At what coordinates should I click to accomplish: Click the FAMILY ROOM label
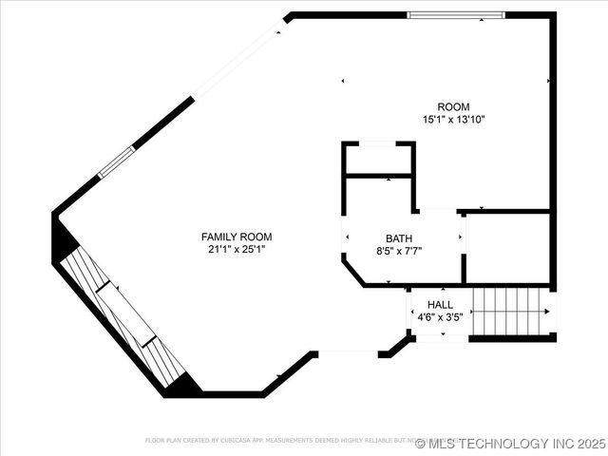(237, 237)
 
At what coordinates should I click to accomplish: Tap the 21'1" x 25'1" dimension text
(237, 249)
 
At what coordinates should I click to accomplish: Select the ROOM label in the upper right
(453, 106)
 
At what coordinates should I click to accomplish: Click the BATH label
(399, 238)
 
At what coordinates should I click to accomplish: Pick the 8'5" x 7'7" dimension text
(399, 252)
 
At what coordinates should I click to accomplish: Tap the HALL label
(440, 305)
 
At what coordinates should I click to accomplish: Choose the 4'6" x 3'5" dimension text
(440, 317)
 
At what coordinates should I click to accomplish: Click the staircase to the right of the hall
(508, 310)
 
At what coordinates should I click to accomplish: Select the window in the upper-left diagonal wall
(117, 161)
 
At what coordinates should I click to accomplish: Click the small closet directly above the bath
(378, 159)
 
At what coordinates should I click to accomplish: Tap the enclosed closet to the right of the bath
(507, 247)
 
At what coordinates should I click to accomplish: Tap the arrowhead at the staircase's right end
(548, 310)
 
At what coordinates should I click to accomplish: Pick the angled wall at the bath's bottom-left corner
(352, 273)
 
